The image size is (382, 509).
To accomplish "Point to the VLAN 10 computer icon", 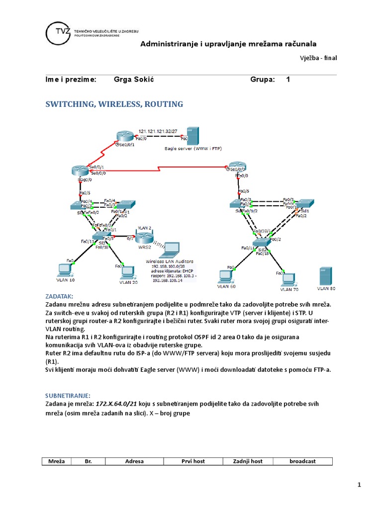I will coord(63,270).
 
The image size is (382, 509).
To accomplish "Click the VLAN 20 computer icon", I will coord(128,272).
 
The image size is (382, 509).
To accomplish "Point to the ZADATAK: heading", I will coord(59,295).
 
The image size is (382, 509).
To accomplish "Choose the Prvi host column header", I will coord(193,461).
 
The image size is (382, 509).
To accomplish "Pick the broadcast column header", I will coord(302,461).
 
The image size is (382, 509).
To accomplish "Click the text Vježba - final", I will coord(318,58).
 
